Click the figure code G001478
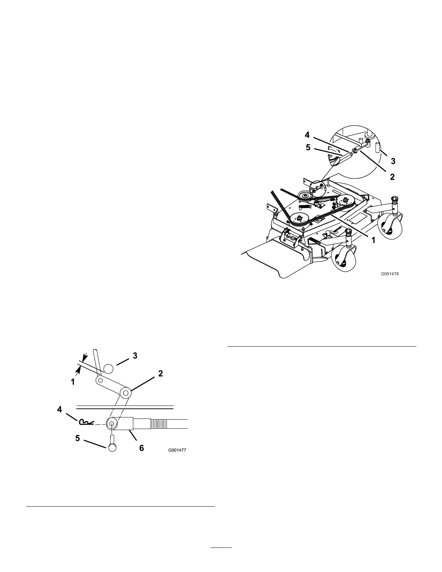point(390,274)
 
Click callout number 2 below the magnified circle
point(392,177)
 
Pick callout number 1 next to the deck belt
point(373,239)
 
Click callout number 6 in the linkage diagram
point(142,448)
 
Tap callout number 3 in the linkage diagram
point(135,355)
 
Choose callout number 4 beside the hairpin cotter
point(60,409)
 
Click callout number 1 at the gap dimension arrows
point(73,381)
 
